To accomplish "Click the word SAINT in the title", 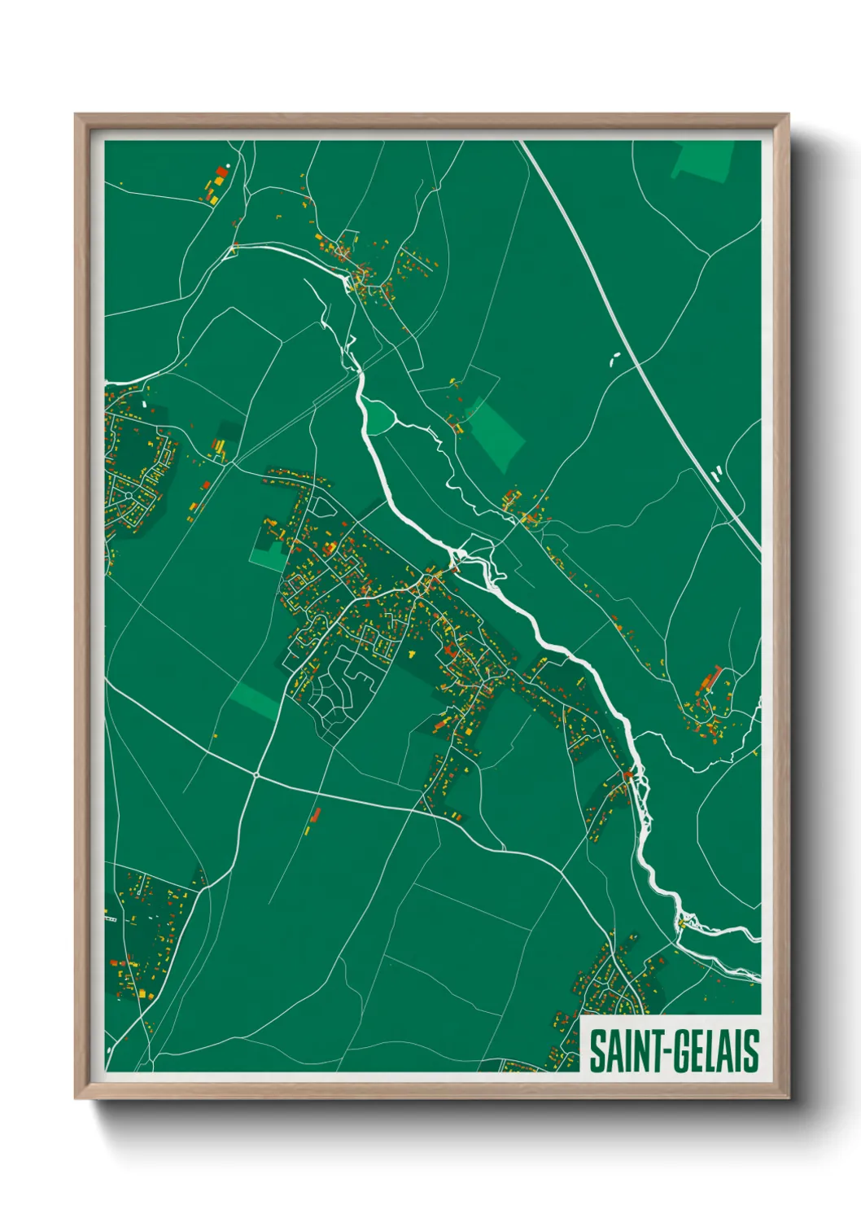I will pyautogui.click(x=623, y=1051).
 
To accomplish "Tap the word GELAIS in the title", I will pyautogui.click(x=714, y=1051).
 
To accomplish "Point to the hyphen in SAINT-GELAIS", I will pyautogui.click(x=662, y=1053).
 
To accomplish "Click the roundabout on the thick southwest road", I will pyautogui.click(x=256, y=775).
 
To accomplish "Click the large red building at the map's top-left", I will pyautogui.click(x=221, y=173).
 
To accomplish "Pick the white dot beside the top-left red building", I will pyautogui.click(x=228, y=165).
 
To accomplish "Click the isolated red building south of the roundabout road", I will pyautogui.click(x=316, y=814).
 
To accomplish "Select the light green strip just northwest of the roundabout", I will pyautogui.click(x=253, y=699).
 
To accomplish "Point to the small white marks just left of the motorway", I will pyautogui.click(x=614, y=357).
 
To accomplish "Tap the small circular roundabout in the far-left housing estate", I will pyautogui.click(x=129, y=496).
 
